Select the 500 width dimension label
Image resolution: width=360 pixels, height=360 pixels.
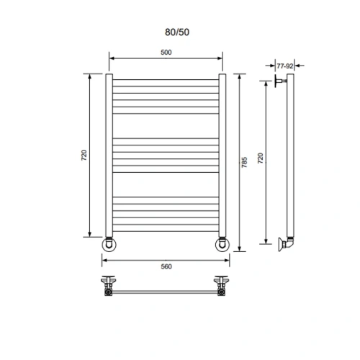point(166,53)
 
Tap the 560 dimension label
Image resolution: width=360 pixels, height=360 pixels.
point(166,266)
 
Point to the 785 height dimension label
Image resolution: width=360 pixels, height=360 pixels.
point(245,162)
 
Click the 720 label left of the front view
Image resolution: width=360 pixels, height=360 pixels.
point(84,155)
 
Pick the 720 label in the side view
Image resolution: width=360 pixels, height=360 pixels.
point(261,158)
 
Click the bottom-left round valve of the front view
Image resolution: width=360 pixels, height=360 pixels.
point(109,245)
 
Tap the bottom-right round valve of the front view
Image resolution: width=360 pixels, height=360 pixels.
point(222,245)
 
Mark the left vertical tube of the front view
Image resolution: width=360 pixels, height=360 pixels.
point(109,155)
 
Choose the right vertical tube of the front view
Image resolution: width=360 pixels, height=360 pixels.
point(222,155)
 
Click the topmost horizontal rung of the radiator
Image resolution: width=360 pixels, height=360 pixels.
point(166,78)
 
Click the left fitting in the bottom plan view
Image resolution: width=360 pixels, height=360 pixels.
point(109,285)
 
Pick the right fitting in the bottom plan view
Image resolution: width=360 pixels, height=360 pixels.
point(221,285)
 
